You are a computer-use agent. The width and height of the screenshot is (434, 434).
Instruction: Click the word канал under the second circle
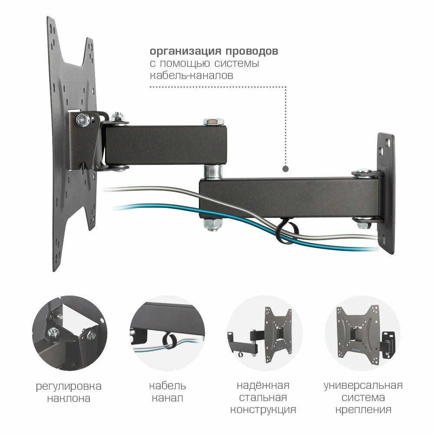[168, 398]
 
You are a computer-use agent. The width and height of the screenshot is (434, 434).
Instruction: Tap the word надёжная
[263, 385]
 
